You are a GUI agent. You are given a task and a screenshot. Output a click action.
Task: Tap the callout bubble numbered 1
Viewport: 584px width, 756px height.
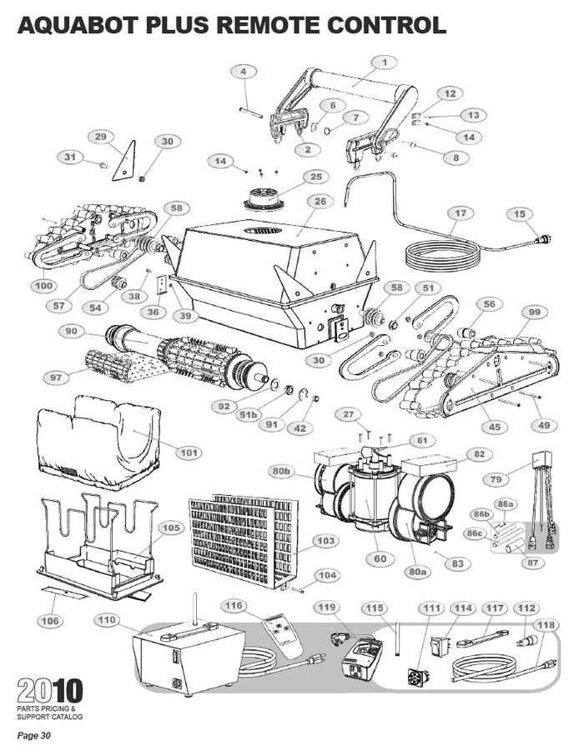pyautogui.click(x=385, y=62)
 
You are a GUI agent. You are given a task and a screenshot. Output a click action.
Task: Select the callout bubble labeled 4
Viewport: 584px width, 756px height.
pyautogui.click(x=244, y=72)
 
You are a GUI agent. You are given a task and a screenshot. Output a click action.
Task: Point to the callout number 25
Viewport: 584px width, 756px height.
pyautogui.click(x=315, y=177)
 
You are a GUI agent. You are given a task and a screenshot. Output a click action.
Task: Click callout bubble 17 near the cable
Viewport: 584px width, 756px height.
pyautogui.click(x=460, y=213)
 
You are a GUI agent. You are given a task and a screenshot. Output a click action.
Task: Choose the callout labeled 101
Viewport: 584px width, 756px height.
pyautogui.click(x=189, y=453)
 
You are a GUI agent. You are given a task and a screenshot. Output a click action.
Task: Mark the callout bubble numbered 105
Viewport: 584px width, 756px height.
pyautogui.click(x=171, y=528)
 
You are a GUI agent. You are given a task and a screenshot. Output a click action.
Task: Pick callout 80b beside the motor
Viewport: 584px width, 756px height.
pyautogui.click(x=282, y=471)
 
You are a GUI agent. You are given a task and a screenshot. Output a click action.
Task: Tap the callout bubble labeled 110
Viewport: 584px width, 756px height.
pyautogui.click(x=107, y=620)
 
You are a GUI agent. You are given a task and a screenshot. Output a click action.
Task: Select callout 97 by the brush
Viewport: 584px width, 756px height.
pyautogui.click(x=56, y=378)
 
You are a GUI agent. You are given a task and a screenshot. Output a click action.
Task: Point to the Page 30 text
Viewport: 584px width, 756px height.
pyautogui.click(x=35, y=735)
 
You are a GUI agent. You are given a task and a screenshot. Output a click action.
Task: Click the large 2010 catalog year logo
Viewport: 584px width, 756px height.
pyautogui.click(x=50, y=691)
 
